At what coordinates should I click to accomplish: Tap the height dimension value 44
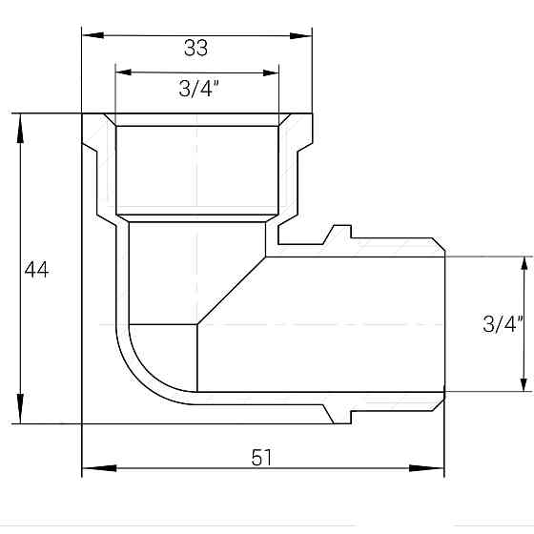tap(36, 270)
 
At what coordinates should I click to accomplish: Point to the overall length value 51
tap(262, 458)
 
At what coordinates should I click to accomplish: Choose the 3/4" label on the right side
tap(503, 324)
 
